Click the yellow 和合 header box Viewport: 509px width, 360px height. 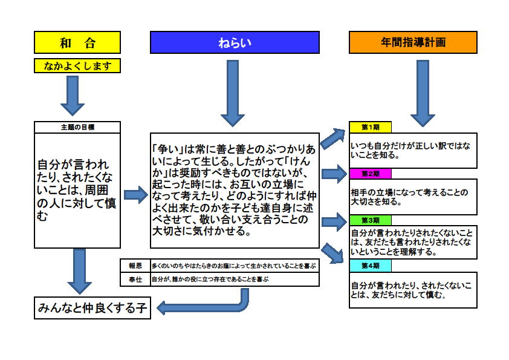tap(77, 42)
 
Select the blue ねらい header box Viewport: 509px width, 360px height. tap(235, 42)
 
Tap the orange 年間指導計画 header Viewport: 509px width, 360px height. tap(413, 42)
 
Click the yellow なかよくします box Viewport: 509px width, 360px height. tap(77, 65)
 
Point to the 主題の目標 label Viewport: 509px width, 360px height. tap(77, 127)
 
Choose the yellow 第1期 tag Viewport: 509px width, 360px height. tap(371, 127)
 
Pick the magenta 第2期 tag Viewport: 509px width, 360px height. tap(371, 174)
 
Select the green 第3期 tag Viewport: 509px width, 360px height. tap(371, 220)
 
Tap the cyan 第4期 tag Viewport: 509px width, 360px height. tap(371, 266)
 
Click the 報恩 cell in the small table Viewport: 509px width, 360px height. tap(135, 266)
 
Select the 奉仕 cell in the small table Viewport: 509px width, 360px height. tap(135, 280)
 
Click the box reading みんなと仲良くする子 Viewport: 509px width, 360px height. tap(92, 308)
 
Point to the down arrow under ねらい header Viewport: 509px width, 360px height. tap(233, 93)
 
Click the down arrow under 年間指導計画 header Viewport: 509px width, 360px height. tap(423, 93)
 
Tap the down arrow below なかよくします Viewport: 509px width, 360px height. tap(73, 96)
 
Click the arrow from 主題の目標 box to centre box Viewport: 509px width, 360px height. tap(136, 195)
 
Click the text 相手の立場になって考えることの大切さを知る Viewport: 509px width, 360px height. tap(409, 197)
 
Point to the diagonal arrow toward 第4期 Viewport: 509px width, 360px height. tap(332, 253)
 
